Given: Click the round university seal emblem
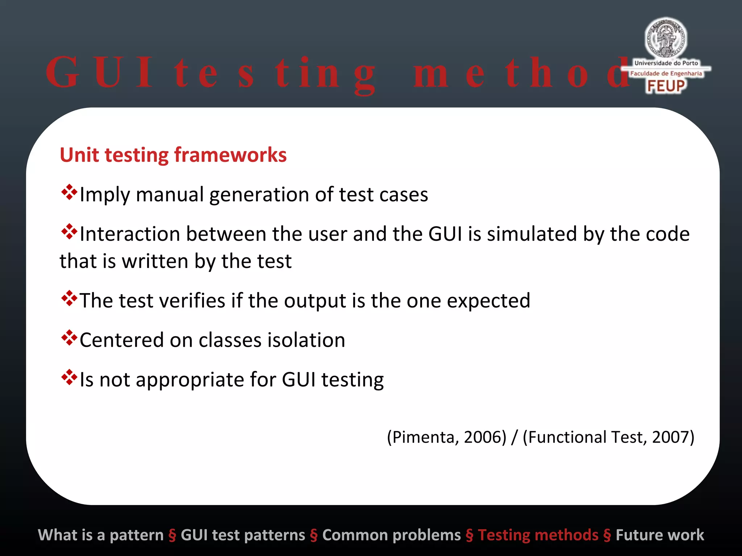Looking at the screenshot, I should tap(666, 38).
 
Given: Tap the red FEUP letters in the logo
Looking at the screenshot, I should tap(666, 86).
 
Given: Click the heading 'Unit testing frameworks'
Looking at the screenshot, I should tap(173, 155).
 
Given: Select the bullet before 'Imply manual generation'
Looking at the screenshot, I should tap(69, 192).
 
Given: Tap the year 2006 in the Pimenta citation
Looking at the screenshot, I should tap(480, 437).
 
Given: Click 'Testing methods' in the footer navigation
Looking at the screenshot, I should tap(538, 535).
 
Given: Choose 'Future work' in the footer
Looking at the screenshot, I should tap(660, 535).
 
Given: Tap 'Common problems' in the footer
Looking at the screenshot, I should tap(391, 535).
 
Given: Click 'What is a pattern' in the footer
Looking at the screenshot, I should tap(101, 535).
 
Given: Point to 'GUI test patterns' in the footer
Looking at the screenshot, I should tap(243, 535).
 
